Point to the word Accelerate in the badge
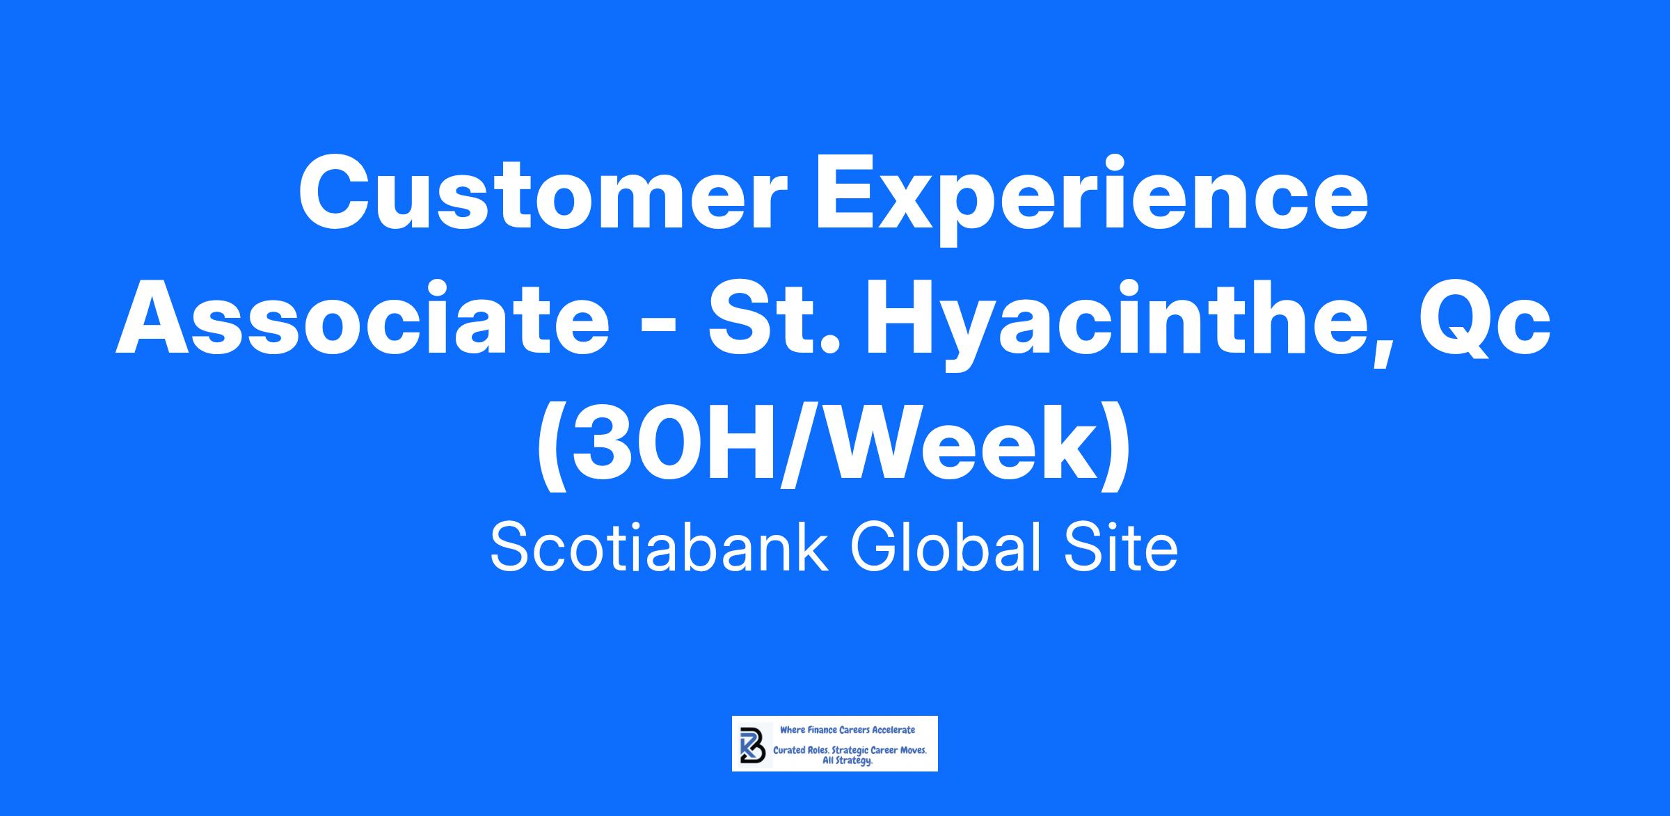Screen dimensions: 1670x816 tap(894, 730)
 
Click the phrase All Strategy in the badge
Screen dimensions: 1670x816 tap(848, 761)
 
